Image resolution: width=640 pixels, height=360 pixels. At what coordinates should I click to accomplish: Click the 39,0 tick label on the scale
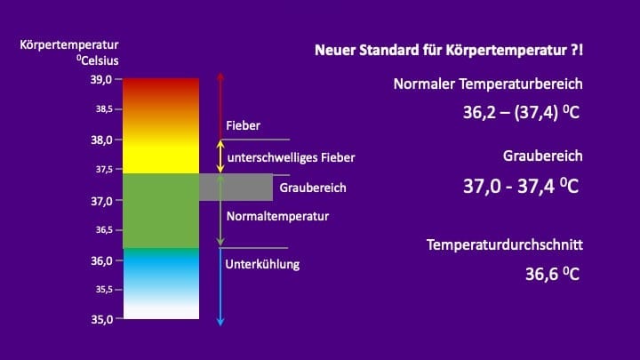pyautogui.click(x=101, y=79)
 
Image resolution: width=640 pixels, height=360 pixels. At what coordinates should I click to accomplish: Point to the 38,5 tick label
pyautogui.click(x=104, y=109)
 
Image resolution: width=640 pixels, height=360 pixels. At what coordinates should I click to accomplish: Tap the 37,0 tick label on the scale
pyautogui.click(x=101, y=201)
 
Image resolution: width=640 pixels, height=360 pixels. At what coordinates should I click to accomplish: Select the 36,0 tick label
pyautogui.click(x=101, y=260)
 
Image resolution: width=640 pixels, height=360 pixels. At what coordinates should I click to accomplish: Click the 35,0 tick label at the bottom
pyautogui.click(x=101, y=319)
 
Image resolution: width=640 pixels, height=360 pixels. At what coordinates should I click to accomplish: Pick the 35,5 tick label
pyautogui.click(x=104, y=290)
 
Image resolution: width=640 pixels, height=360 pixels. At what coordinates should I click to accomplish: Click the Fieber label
pyautogui.click(x=243, y=125)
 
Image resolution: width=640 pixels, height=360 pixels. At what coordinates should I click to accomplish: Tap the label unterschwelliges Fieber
pyautogui.click(x=291, y=157)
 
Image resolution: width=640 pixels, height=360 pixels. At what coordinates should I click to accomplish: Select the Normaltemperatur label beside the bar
pyautogui.click(x=277, y=216)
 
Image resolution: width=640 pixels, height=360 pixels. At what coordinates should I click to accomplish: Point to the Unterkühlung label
pyautogui.click(x=262, y=264)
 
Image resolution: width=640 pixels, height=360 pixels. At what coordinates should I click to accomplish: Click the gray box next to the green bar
pyautogui.click(x=236, y=187)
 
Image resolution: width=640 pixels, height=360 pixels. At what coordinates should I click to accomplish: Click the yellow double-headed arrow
pyautogui.click(x=220, y=156)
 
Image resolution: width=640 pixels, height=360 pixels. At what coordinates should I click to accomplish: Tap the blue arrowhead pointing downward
pyautogui.click(x=220, y=322)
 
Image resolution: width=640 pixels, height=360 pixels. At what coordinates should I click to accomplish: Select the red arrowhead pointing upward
pyautogui.click(x=220, y=76)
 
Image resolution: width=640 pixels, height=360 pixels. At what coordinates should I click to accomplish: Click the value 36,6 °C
pyautogui.click(x=552, y=274)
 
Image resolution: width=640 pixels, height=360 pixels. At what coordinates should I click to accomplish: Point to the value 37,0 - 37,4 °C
pyautogui.click(x=521, y=186)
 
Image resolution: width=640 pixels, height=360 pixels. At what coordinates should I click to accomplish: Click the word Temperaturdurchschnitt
pyautogui.click(x=505, y=245)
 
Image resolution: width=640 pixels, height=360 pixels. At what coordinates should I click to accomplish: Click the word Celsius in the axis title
pyautogui.click(x=100, y=60)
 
